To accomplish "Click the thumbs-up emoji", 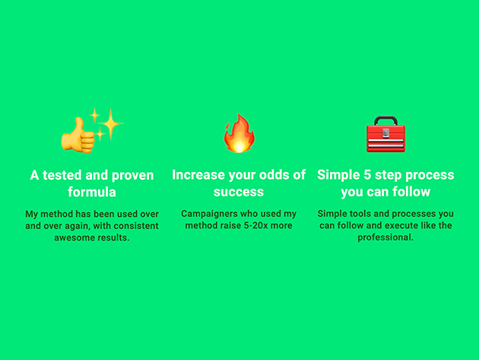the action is (78, 136).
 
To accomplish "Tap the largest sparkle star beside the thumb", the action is (110, 123).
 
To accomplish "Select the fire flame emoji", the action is (239, 133).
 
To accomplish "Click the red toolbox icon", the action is (385, 134).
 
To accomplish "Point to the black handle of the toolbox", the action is (385, 120).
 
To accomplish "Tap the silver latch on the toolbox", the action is (385, 132).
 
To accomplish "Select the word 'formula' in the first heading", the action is (92, 192).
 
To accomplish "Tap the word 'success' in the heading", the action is (239, 192).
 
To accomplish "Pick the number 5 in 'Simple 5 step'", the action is (367, 175).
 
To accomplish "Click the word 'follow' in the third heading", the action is (411, 192).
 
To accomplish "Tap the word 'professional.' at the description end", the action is (385, 237).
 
